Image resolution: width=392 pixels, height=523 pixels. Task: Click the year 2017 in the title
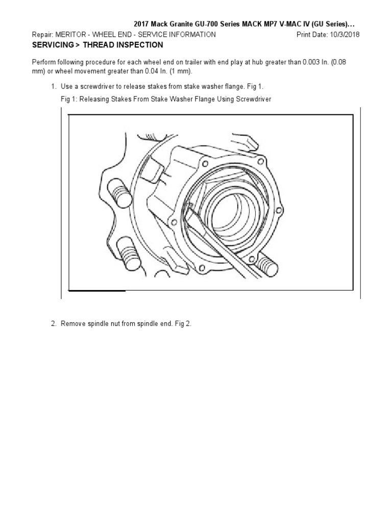coord(141,24)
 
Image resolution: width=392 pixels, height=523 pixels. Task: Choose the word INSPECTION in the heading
coord(138,45)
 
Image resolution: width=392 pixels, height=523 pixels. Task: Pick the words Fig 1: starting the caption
coord(68,99)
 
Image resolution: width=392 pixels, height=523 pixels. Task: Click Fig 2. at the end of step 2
coord(182,324)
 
